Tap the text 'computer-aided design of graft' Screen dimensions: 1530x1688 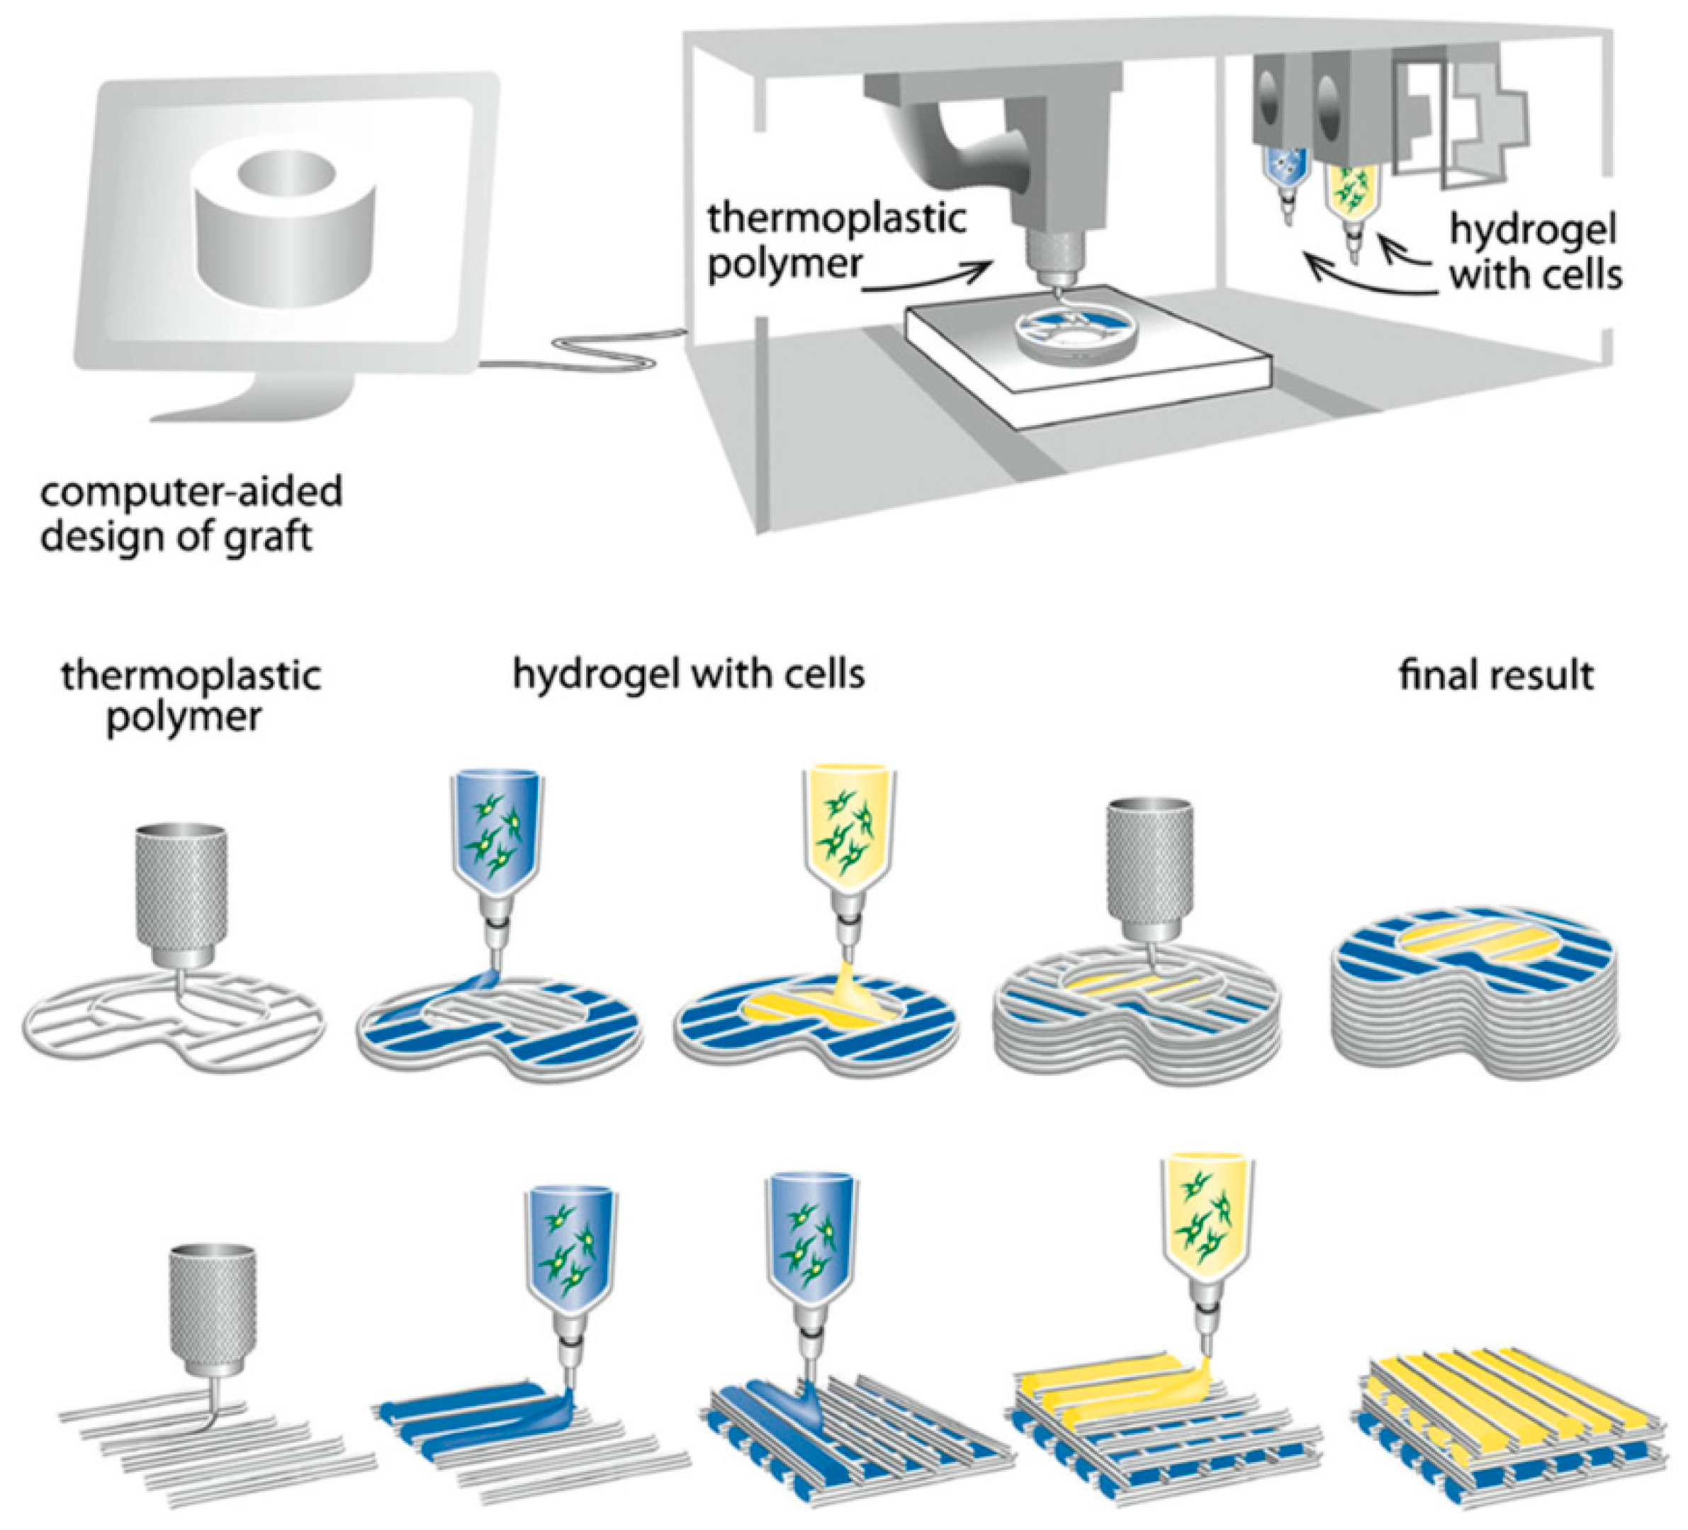[x=191, y=514]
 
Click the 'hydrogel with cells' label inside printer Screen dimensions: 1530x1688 [x=1535, y=253]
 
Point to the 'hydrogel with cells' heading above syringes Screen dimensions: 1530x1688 [x=688, y=674]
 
